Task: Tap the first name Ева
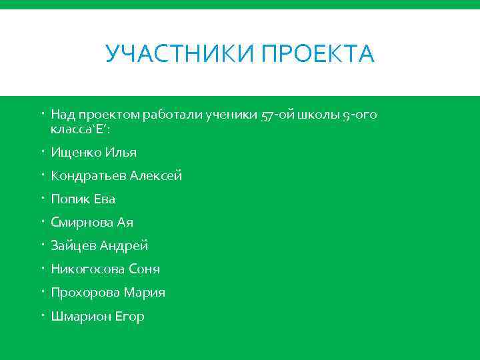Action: tap(105, 199)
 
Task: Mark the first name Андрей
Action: tap(124, 246)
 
